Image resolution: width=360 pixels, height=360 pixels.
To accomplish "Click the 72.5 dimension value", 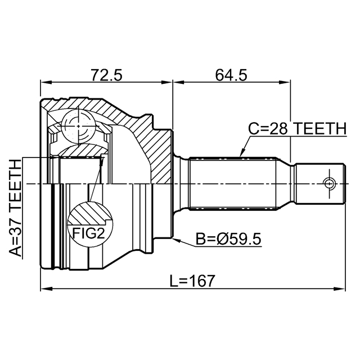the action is (x=106, y=75).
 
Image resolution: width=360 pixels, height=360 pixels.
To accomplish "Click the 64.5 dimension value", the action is (x=231, y=75).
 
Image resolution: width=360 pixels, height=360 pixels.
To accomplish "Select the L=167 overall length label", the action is (x=192, y=281).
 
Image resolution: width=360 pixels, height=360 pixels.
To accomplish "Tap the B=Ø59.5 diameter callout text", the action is (x=228, y=239).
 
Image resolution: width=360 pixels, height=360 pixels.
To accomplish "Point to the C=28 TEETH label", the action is (x=298, y=129).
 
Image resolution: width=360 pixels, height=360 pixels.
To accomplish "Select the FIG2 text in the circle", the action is (x=89, y=234).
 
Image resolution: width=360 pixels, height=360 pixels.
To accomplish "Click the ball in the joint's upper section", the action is (x=78, y=126).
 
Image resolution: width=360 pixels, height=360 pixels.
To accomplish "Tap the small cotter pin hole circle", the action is (x=328, y=183).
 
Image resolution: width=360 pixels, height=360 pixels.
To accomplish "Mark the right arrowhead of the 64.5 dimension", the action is (x=285, y=83).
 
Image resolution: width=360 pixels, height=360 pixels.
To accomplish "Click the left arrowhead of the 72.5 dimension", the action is (x=46, y=83).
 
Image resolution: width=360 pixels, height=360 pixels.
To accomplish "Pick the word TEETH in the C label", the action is (x=320, y=129).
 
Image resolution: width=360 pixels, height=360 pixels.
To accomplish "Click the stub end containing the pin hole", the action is (x=320, y=183).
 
